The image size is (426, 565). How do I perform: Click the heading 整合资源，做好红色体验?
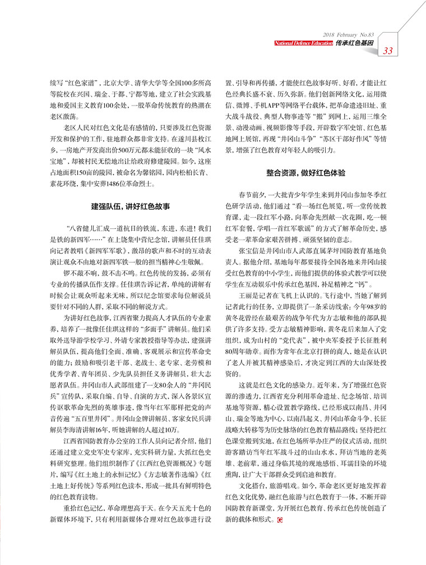click(305, 172)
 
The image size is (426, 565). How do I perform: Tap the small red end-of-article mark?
click(280, 521)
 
